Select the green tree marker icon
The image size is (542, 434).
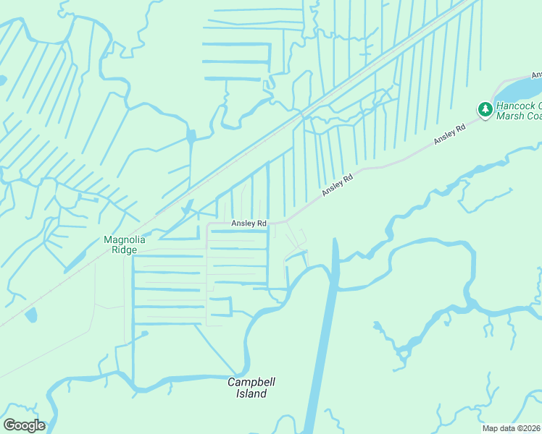point(484,109)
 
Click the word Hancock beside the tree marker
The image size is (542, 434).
point(515,106)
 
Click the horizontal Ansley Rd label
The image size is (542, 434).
point(249,224)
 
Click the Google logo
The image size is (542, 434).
point(24,425)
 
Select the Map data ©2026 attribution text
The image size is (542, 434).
point(512,428)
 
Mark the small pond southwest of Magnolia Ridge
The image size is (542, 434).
point(30,315)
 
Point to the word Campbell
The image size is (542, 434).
point(251,382)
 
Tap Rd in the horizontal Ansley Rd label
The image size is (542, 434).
point(261,224)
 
